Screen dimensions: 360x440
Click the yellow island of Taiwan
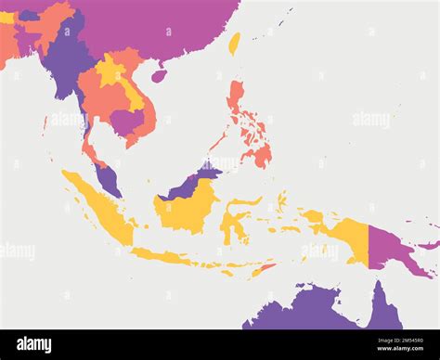(234, 43)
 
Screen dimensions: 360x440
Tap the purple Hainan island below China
(159, 75)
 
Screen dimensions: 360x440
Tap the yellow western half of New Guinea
(348, 236)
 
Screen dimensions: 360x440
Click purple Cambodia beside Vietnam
(126, 121)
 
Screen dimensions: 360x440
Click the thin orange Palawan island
(217, 143)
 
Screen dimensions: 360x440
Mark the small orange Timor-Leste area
(265, 267)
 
